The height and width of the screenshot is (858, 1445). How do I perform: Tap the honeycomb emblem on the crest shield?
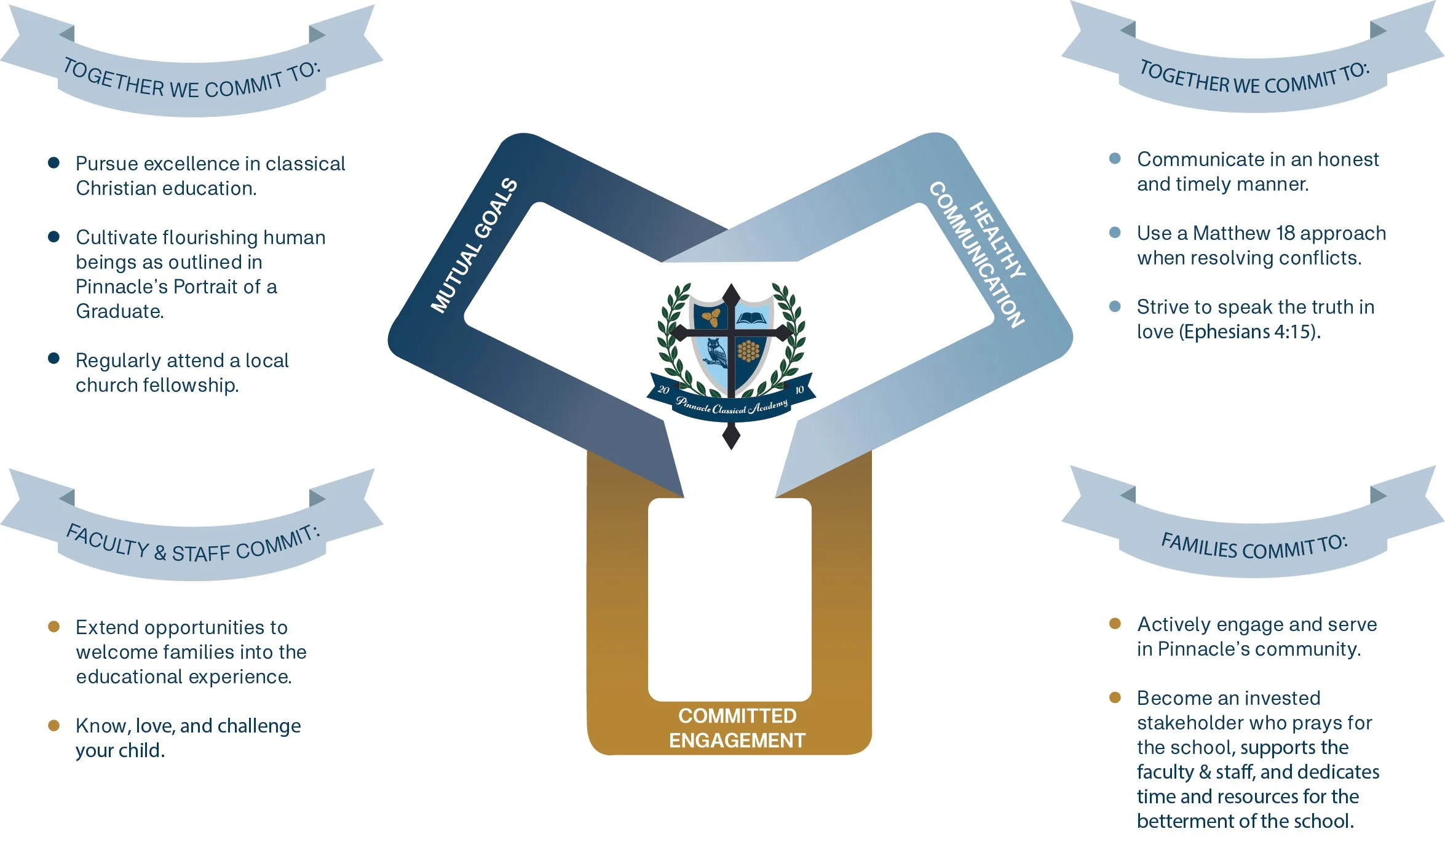point(748,351)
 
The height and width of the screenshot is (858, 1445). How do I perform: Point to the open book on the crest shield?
point(751,318)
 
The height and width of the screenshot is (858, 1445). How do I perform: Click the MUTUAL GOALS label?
point(473,245)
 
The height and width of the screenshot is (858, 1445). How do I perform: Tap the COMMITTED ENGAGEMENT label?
point(737,728)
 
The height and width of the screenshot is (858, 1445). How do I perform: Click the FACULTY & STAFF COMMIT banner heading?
point(193,545)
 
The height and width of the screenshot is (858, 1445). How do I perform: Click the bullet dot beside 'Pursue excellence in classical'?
point(54,163)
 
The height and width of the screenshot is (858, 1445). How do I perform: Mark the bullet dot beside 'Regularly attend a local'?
point(54,359)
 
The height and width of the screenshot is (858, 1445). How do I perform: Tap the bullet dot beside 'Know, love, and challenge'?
point(54,726)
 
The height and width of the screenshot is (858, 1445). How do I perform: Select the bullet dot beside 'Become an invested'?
point(1115,697)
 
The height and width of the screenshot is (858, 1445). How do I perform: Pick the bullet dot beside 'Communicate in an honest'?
point(1115,159)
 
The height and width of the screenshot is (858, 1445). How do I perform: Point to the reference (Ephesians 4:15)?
point(1249,332)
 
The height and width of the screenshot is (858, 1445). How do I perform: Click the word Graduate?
point(119,311)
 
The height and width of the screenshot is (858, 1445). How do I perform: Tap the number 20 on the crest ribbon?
point(663,390)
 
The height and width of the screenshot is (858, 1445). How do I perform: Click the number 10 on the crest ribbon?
point(799,390)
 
